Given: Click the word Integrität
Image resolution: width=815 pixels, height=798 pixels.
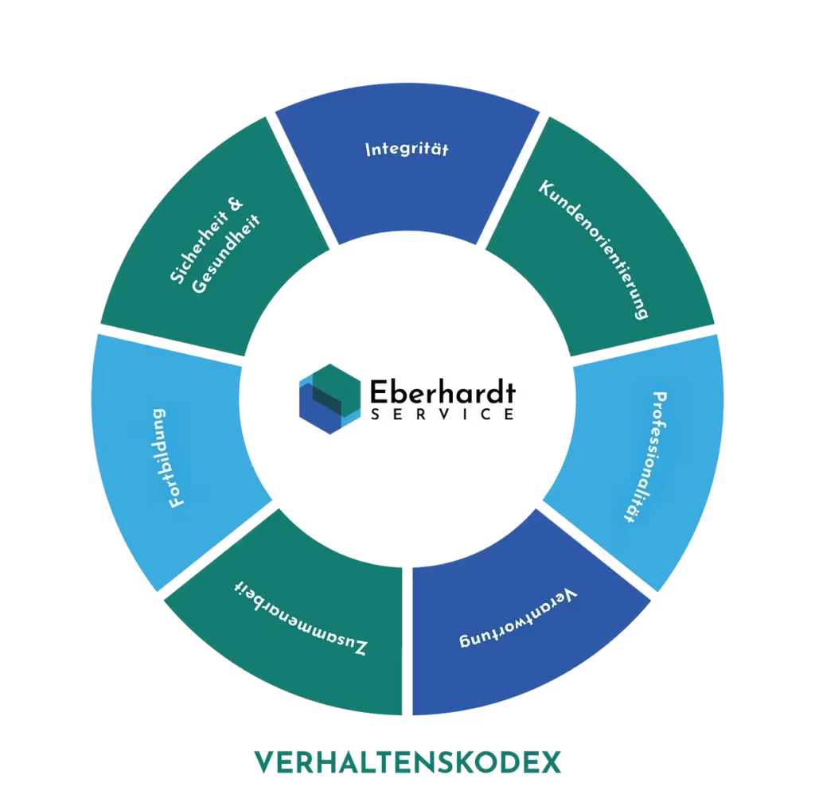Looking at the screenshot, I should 407,150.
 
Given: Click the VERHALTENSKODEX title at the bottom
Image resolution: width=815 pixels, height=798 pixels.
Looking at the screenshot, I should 408,762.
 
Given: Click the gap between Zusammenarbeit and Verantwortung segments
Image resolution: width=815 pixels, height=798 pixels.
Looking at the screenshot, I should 407,636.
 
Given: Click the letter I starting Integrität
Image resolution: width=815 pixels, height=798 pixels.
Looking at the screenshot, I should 369,150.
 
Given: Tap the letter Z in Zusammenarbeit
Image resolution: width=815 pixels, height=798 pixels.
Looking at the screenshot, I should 360,648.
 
